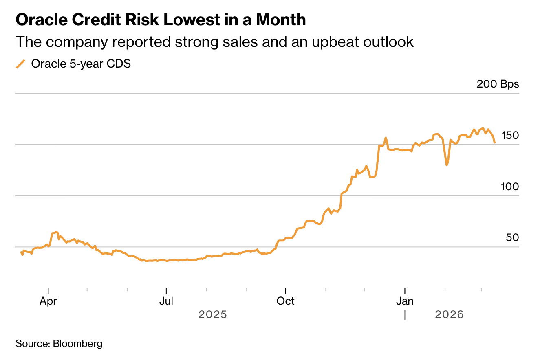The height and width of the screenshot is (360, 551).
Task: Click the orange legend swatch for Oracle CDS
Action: tap(21, 64)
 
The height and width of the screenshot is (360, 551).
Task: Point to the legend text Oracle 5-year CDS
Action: tap(81, 64)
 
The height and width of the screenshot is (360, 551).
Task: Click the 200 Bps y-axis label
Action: tap(498, 84)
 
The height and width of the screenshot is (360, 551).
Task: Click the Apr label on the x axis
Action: tap(48, 301)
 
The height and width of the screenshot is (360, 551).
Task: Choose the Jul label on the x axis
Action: tap(166, 301)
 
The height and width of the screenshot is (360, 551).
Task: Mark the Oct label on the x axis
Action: tap(286, 301)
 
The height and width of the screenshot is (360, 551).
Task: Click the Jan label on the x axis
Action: tap(405, 301)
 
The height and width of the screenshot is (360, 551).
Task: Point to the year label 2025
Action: tap(212, 315)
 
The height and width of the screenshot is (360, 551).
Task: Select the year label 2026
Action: tap(449, 315)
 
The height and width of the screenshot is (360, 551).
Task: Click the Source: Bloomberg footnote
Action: tap(59, 344)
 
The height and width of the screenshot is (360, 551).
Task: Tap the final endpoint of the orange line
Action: tap(494, 143)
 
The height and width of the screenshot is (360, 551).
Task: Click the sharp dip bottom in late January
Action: tap(447, 165)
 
